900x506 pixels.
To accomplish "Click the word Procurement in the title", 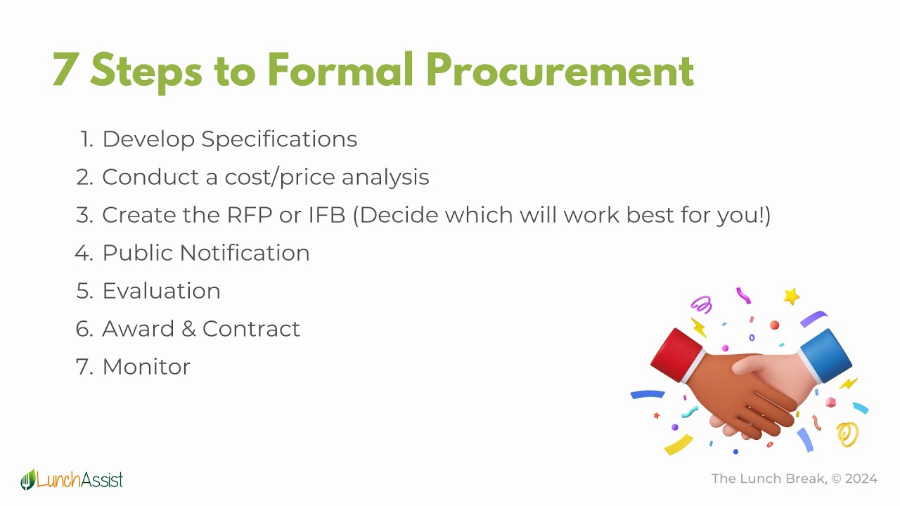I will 560,70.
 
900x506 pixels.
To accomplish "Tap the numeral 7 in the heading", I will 65,70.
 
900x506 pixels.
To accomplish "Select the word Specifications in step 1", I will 279,139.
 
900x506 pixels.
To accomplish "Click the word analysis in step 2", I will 385,177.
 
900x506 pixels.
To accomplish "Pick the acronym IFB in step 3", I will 327,215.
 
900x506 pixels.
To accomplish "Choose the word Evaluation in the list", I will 161,291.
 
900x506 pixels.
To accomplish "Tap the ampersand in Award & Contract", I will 188,329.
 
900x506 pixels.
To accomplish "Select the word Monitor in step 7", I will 146,367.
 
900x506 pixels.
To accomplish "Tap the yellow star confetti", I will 792,296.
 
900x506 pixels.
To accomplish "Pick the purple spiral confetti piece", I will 701,304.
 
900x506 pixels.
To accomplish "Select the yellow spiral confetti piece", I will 848,434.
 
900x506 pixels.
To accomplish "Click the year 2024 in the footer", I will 861,479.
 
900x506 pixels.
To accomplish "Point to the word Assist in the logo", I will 102,480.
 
